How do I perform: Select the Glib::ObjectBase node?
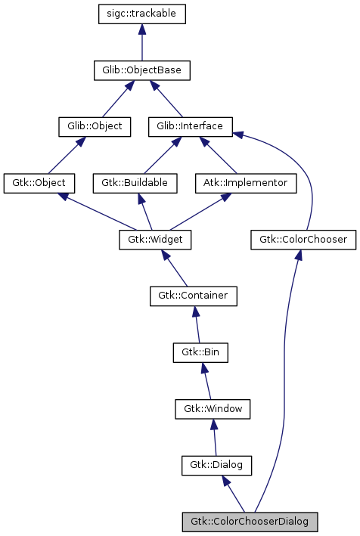[x=141, y=70]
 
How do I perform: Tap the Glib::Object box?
[x=90, y=126]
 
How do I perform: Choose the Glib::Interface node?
[x=190, y=126]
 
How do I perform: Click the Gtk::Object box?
[x=39, y=183]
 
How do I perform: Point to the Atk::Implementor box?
[x=245, y=183]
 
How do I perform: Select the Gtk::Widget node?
[x=155, y=240]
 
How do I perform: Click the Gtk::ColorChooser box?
[x=303, y=240]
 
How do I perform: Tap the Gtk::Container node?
[x=193, y=296]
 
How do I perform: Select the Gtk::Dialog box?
[x=216, y=465]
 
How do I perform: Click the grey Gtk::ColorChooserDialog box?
[x=250, y=522]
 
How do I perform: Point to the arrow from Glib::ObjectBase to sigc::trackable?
[x=141, y=42]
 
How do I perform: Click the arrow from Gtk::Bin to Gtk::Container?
[x=197, y=324]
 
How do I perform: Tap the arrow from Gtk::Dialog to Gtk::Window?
[x=214, y=437]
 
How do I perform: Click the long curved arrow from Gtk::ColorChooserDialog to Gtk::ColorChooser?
[x=284, y=378]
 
